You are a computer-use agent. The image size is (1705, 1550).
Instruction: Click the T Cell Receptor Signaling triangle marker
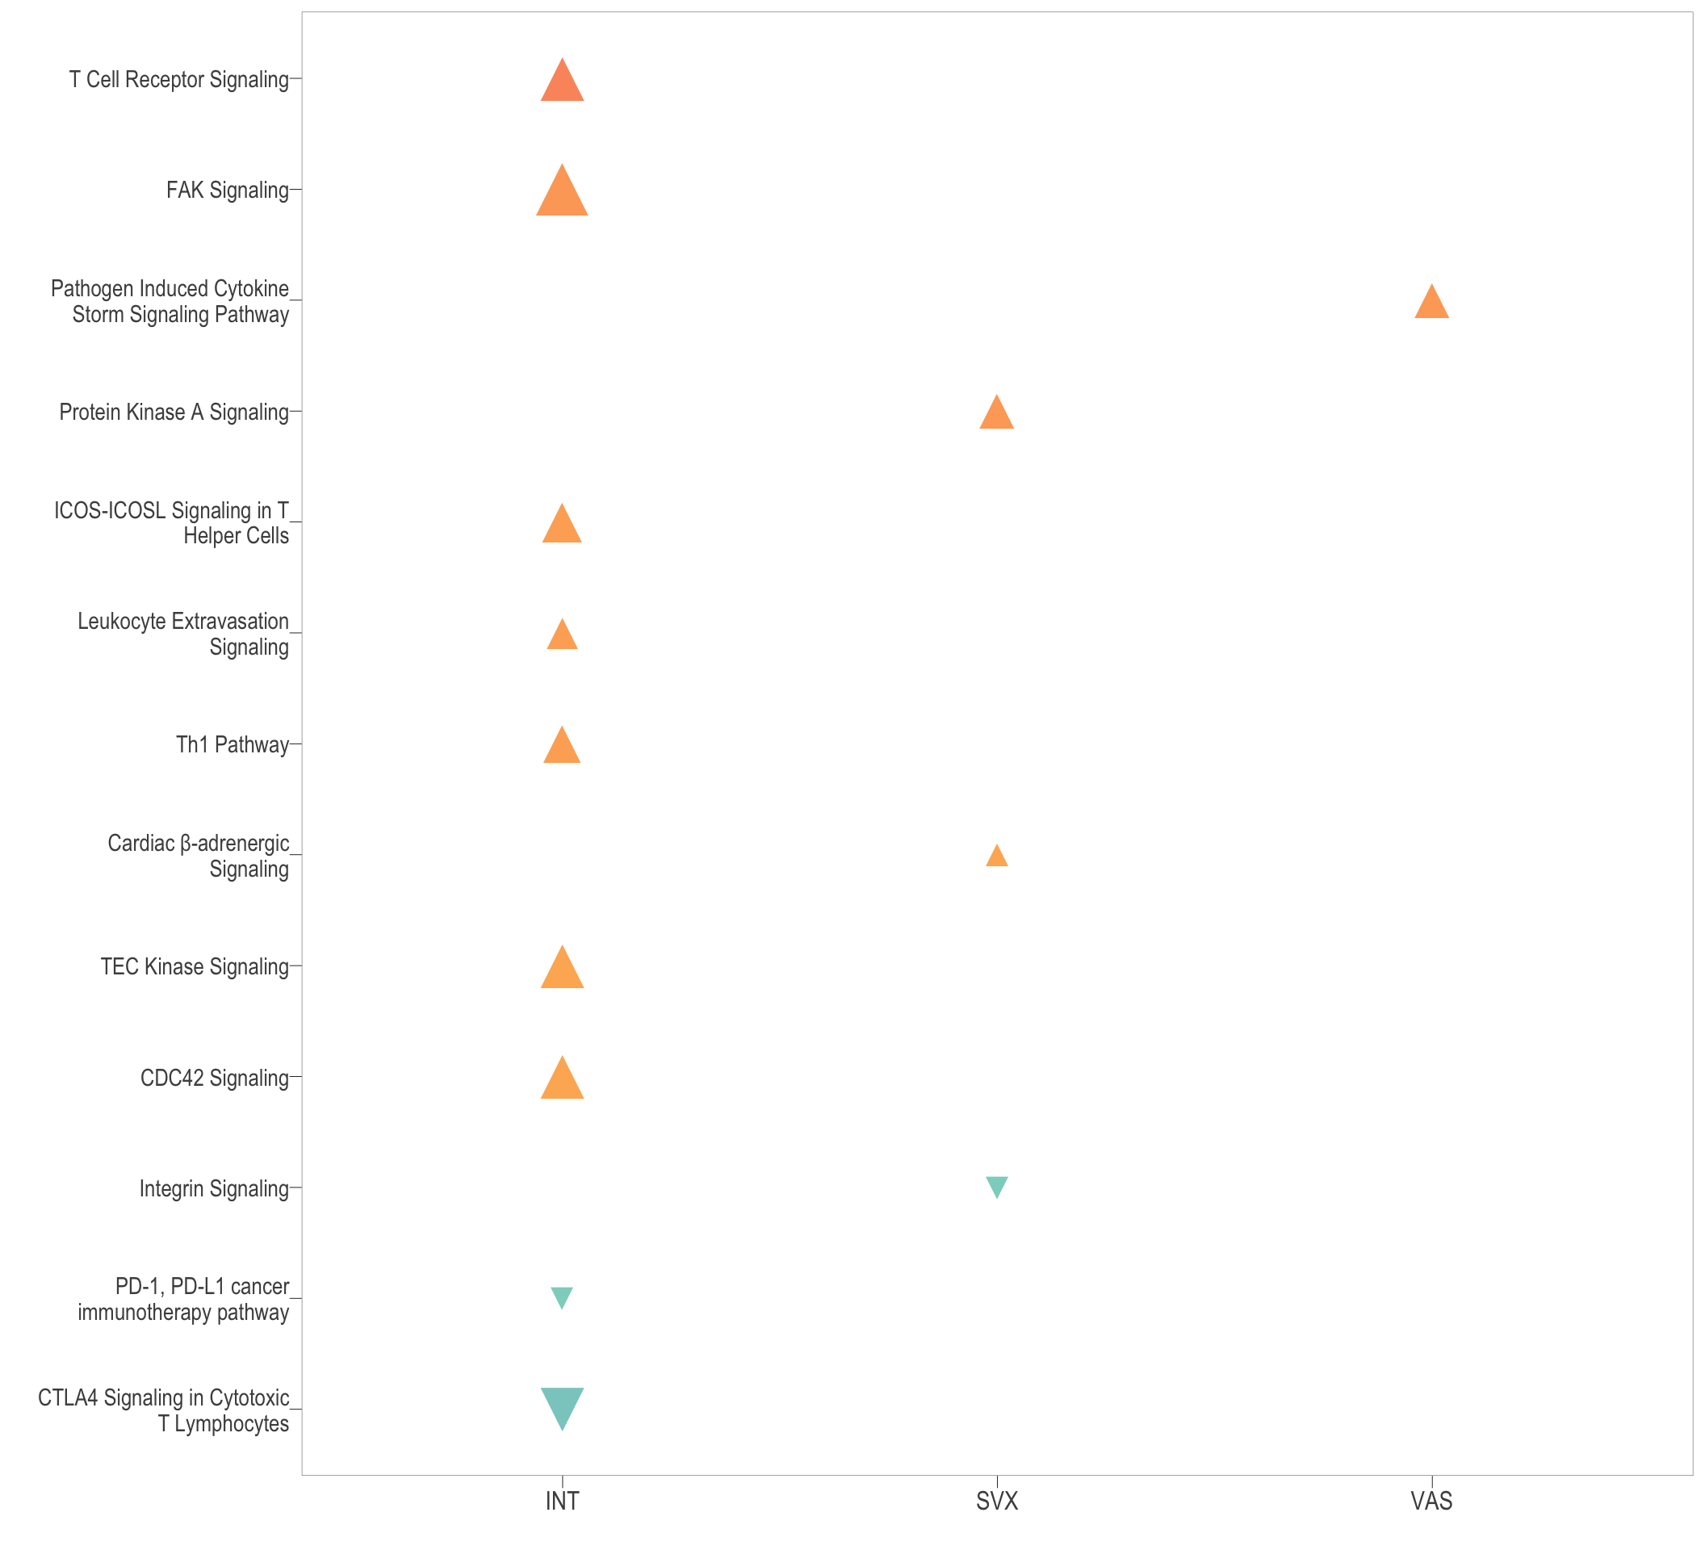pos(563,82)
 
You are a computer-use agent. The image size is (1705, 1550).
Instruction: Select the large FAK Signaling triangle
pos(563,194)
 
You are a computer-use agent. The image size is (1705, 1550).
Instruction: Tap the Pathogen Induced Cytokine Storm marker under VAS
pos(1432,304)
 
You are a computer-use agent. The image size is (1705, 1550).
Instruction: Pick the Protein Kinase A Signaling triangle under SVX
pos(997,414)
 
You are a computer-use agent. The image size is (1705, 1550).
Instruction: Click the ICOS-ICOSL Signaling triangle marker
pos(563,526)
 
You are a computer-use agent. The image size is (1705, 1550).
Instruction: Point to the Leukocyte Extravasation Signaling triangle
pos(563,636)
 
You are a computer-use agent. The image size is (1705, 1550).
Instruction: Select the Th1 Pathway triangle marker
pos(563,748)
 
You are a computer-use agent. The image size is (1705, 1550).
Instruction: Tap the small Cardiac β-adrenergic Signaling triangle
pos(997,857)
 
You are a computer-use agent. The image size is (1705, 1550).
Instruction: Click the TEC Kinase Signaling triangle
pos(563,970)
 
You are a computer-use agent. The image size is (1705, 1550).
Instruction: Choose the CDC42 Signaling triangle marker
pos(563,1081)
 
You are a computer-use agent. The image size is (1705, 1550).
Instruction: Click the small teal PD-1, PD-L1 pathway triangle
pos(563,1297)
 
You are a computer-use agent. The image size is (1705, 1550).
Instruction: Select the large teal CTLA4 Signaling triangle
pos(563,1406)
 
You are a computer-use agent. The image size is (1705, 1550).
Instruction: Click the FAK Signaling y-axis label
pos(228,191)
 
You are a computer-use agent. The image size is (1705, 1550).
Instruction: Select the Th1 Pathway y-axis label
pos(232,745)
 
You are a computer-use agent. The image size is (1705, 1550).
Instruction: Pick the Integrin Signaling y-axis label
pos(214,1189)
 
